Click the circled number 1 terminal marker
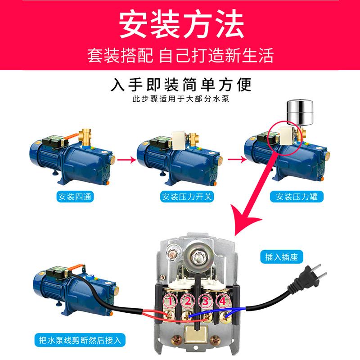170,300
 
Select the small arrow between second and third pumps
233,159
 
